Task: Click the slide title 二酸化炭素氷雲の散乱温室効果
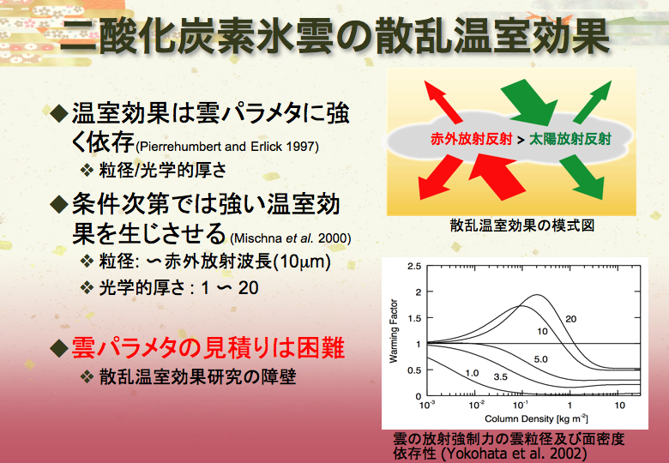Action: click(x=334, y=37)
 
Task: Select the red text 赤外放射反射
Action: click(x=471, y=139)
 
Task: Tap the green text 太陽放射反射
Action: click(x=570, y=139)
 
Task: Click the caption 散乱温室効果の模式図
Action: click(x=521, y=225)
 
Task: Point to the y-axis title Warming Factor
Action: click(x=394, y=331)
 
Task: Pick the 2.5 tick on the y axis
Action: click(x=414, y=267)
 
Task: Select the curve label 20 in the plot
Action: click(x=571, y=319)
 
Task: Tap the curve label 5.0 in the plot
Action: click(x=540, y=359)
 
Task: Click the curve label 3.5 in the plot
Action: click(x=501, y=377)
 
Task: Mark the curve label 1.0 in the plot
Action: click(x=472, y=373)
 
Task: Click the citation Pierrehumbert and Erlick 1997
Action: click(x=227, y=147)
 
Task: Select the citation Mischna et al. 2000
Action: click(x=291, y=238)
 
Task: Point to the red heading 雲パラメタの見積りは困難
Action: click(x=208, y=348)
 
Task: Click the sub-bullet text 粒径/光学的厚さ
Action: click(x=163, y=171)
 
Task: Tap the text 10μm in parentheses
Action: click(x=301, y=262)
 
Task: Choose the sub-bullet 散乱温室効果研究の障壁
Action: click(x=197, y=377)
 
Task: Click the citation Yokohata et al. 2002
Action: click(x=515, y=453)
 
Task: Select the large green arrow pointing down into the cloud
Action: click(x=529, y=102)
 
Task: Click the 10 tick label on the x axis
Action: click(x=619, y=405)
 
